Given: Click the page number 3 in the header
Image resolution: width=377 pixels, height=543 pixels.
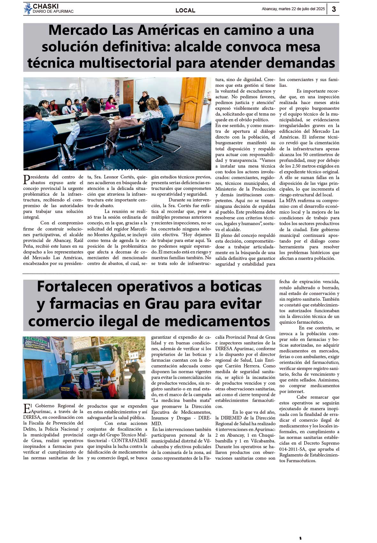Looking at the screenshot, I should point(334,9).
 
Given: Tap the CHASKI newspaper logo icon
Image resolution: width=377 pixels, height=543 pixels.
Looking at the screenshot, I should point(28,9).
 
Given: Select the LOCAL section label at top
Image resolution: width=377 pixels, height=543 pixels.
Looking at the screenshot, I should point(185,11).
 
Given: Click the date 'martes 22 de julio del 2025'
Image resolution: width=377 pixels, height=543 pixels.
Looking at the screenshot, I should point(302,9).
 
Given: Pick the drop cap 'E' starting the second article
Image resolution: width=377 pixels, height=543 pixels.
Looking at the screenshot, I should point(27,408).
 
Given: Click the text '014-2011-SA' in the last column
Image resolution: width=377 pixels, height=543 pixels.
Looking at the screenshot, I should point(291,449).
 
